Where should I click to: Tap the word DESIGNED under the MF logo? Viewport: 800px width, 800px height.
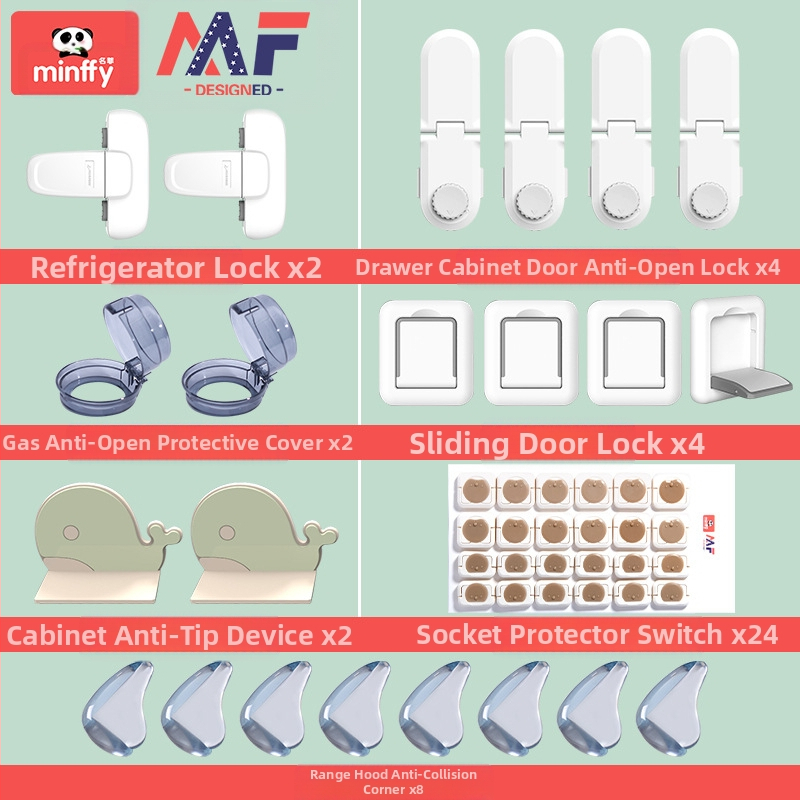coord(233,90)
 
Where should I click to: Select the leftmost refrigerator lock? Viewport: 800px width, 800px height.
coord(88,174)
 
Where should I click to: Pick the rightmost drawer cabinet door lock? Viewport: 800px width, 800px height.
coord(710,129)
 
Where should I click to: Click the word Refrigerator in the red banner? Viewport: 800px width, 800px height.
coord(118,267)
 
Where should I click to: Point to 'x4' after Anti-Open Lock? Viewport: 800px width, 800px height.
coord(768,267)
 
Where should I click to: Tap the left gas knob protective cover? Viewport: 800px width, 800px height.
coord(113,355)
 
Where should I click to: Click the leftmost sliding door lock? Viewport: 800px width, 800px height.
coord(426,353)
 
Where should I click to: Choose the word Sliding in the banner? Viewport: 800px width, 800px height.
coord(459,443)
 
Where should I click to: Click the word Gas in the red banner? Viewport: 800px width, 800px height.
coord(21,443)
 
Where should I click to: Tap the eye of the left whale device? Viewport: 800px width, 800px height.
coord(71,533)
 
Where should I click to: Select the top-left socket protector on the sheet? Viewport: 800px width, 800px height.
coord(476,491)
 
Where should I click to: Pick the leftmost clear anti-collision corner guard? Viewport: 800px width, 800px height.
coord(118,708)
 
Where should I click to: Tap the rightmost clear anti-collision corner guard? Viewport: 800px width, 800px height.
coord(672,708)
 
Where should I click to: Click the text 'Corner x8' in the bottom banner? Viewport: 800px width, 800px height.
coord(393,789)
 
